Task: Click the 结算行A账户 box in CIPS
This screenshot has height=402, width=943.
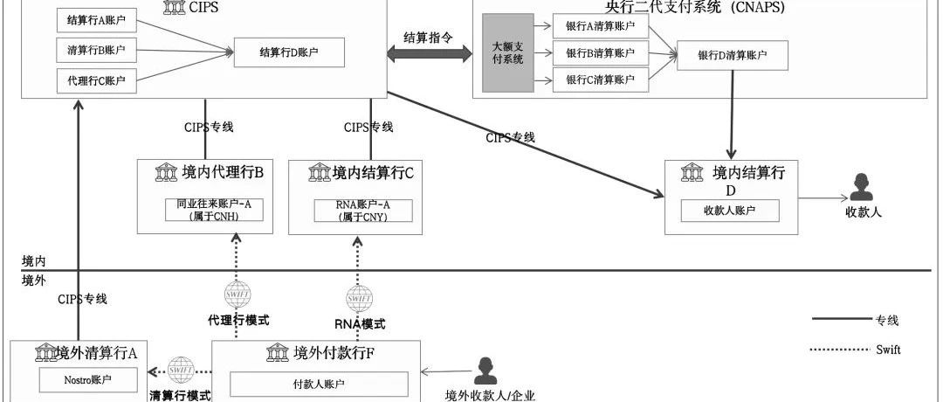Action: pyautogui.click(x=96, y=19)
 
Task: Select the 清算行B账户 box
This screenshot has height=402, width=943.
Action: pyautogui.click(x=96, y=49)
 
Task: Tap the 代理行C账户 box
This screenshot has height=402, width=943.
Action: pyautogui.click(x=96, y=81)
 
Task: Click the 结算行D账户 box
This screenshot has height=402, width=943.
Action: pyautogui.click(x=289, y=53)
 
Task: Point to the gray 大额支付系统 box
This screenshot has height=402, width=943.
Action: pyautogui.click(x=507, y=53)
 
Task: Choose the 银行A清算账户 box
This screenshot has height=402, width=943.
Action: pyautogui.click(x=601, y=26)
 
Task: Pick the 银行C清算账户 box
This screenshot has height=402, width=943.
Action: pyautogui.click(x=601, y=80)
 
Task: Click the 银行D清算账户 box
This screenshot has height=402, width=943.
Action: pyautogui.click(x=732, y=56)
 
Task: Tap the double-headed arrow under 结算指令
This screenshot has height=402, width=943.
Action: pyautogui.click(x=427, y=54)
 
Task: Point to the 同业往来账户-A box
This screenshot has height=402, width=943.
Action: pyautogui.click(x=214, y=210)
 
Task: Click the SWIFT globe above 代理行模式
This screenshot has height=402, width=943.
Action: pyautogui.click(x=237, y=294)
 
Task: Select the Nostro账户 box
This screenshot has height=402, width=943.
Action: pyautogui.click(x=88, y=381)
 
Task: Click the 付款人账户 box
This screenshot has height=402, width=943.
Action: pyautogui.click(x=319, y=384)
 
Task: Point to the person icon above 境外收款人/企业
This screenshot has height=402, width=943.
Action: pyautogui.click(x=485, y=371)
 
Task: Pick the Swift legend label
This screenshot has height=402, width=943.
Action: pyautogui.click(x=887, y=350)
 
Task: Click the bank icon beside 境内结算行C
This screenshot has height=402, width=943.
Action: pyautogui.click(x=319, y=173)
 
